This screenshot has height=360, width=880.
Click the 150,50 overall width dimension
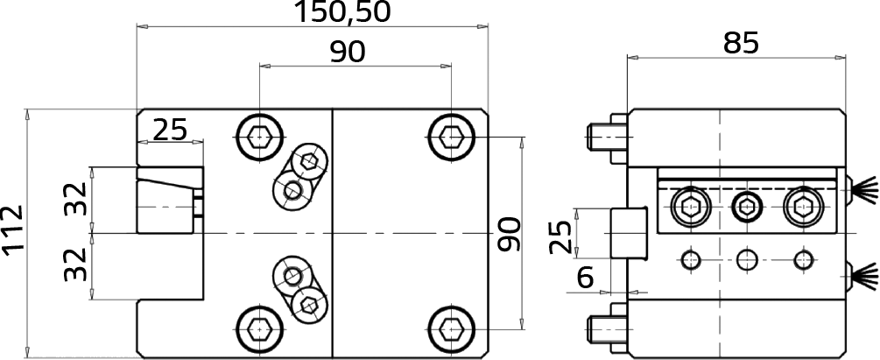pos(341,12)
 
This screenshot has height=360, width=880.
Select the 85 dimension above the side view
pos(741,43)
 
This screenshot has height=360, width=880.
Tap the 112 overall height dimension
pos(12,230)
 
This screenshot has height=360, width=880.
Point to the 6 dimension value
pos(586,278)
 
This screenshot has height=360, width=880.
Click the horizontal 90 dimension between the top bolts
pos(348,53)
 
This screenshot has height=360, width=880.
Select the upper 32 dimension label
pos(75,199)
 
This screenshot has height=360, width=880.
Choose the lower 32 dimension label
pos(75,265)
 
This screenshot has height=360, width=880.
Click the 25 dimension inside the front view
pos(170,131)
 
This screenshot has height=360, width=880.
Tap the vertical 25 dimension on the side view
pos(560,236)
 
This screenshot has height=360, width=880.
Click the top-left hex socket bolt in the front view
pos(258,137)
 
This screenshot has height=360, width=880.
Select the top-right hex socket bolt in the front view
pos(451,137)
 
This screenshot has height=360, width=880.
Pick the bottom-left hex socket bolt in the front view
pos(258,328)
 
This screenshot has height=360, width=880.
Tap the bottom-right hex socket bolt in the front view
pos(451,328)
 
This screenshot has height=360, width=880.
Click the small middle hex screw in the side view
pos(747,208)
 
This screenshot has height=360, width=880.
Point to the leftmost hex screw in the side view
pos(690,208)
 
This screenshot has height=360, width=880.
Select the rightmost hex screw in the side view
pos(804,208)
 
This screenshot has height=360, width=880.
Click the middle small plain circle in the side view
pos(747,259)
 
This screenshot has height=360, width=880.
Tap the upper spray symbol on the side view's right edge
pos(862,189)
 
